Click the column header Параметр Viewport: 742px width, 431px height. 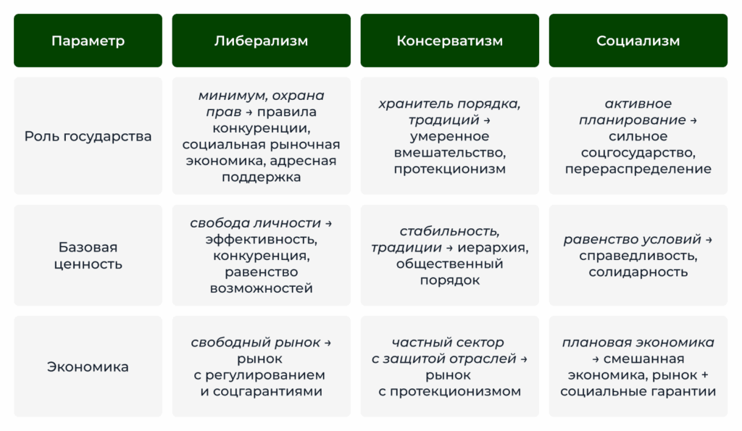pos(88,41)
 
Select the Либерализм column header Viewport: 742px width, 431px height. pos(261,41)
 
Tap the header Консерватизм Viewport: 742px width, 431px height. pos(449,41)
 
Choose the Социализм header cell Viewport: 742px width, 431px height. pos(638,41)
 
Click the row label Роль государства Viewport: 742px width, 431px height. pos(88,136)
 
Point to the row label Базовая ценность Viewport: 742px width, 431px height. pos(88,256)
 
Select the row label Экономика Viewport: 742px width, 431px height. pos(88,367)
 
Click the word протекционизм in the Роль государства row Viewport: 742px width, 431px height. pos(449,170)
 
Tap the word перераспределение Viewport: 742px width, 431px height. pos(638,170)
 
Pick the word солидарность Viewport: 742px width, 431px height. pos(638,272)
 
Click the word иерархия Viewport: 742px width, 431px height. pos(492,248)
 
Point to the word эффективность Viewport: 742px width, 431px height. pos(261,240)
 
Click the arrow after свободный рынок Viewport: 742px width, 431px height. pos(328,343)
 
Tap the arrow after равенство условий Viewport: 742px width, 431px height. pos(709,240)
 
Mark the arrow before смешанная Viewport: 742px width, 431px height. pos(596,359)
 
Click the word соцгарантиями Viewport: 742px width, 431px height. pos(268,392)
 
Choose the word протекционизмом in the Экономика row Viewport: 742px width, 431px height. pos(455,392)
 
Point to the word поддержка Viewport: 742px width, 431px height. pos(261,178)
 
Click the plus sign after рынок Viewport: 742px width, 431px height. pos(704,375)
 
